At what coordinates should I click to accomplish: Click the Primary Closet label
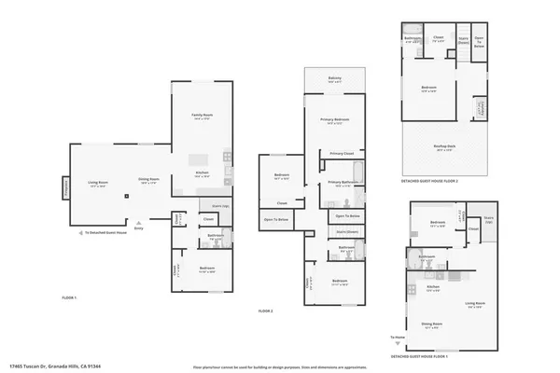pos(342,153)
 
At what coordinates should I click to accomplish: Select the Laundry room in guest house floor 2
pos(482,108)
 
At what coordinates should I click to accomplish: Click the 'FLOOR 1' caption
pos(69,297)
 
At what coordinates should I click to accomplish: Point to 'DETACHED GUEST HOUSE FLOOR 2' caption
pos(429,181)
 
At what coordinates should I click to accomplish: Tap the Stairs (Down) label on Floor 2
pos(347,230)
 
